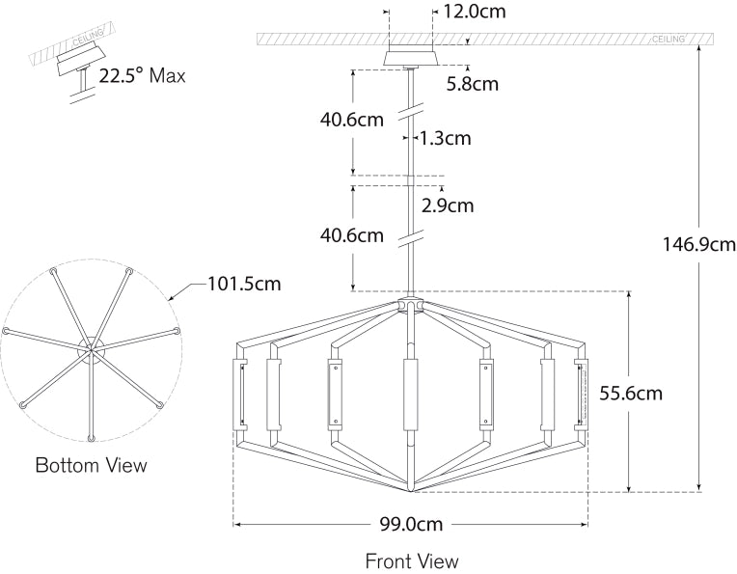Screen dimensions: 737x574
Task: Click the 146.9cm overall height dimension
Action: [698, 244]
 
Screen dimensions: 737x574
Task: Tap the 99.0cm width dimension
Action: [411, 524]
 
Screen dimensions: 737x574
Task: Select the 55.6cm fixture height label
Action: [631, 393]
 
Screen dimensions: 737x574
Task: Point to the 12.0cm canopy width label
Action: [475, 12]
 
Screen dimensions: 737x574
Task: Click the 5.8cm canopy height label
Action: [473, 84]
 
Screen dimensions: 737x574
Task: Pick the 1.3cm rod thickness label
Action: [445, 138]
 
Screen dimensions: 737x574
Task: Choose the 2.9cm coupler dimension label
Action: [448, 205]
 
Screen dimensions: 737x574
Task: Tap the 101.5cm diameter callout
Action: [244, 284]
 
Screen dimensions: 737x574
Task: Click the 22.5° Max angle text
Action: [142, 75]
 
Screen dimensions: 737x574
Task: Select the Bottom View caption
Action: [92, 465]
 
